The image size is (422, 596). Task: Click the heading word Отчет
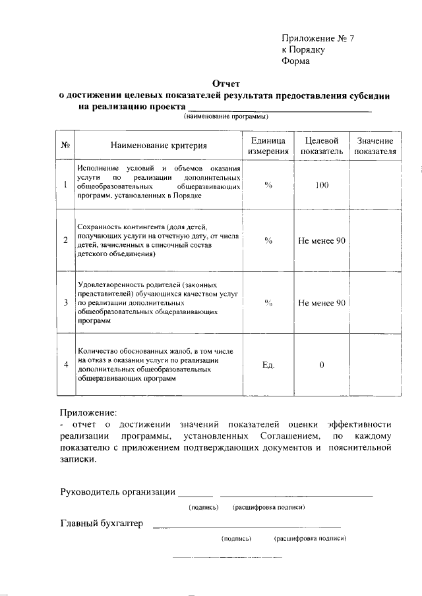coord(226,84)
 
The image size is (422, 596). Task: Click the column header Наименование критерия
coord(158,146)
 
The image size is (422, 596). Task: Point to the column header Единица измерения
coord(268,146)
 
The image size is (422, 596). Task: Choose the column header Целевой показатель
coord(322,146)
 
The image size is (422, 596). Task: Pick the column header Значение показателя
coord(375,146)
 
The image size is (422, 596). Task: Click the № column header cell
coord(66,146)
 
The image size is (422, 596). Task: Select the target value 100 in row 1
coord(322,185)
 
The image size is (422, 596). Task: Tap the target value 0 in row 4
coord(322,365)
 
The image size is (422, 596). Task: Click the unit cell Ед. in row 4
coord(268,365)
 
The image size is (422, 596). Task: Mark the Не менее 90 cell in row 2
coord(322,240)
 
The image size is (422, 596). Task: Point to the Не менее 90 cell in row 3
coord(322,303)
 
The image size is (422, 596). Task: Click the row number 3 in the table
coord(66,303)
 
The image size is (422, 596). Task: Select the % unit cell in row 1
coord(268,185)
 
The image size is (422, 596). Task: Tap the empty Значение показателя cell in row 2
coord(375,240)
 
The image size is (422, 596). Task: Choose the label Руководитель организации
coord(117,491)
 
